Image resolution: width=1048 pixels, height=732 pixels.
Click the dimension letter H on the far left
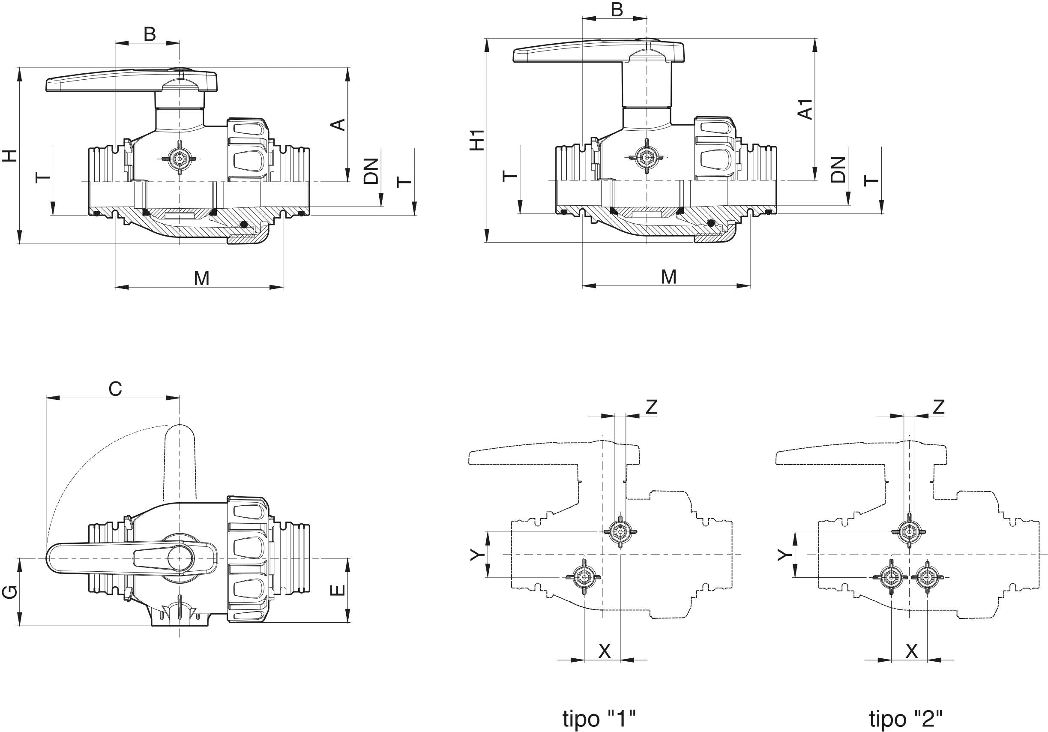pyautogui.click(x=10, y=156)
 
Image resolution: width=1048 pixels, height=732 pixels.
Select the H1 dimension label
pyautogui.click(x=477, y=140)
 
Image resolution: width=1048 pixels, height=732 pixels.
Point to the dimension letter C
pyautogui.click(x=115, y=389)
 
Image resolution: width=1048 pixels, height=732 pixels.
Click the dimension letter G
pyautogui.click(x=10, y=592)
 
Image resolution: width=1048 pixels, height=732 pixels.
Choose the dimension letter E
pyautogui.click(x=337, y=591)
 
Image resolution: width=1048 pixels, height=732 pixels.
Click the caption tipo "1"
pyautogui.click(x=599, y=705)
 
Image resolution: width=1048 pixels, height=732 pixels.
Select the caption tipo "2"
pyautogui.click(x=906, y=705)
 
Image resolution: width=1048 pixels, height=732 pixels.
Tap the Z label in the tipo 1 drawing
pyautogui.click(x=651, y=406)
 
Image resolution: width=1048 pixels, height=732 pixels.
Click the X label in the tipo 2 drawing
pyautogui.click(x=911, y=651)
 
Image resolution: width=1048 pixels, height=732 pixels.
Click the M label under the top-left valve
pyautogui.click(x=201, y=278)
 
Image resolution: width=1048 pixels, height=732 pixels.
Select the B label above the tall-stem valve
pyautogui.click(x=617, y=9)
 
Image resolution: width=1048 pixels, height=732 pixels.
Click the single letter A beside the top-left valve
pyautogui.click(x=338, y=125)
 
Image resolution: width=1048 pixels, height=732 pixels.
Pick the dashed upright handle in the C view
pyautogui.click(x=180, y=461)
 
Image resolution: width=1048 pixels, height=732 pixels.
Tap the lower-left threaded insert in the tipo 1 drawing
pyautogui.click(x=583, y=577)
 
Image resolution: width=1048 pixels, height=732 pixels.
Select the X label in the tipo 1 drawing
pyautogui.click(x=604, y=651)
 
